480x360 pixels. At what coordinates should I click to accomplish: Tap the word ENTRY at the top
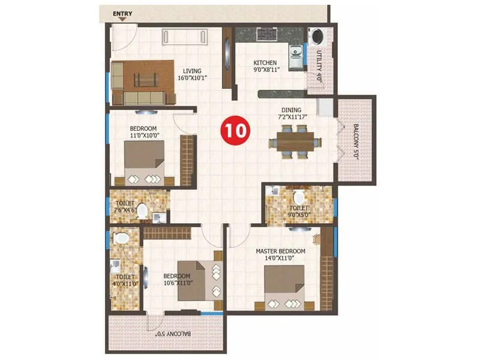(122, 12)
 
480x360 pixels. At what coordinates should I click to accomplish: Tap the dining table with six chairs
(294, 143)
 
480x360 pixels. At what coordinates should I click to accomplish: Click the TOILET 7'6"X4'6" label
(126, 206)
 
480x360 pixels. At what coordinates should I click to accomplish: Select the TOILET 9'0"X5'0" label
(299, 206)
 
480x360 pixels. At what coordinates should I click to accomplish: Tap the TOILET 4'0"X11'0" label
(125, 280)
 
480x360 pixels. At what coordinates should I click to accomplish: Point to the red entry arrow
(122, 19)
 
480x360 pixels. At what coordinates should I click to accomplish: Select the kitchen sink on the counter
(296, 56)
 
